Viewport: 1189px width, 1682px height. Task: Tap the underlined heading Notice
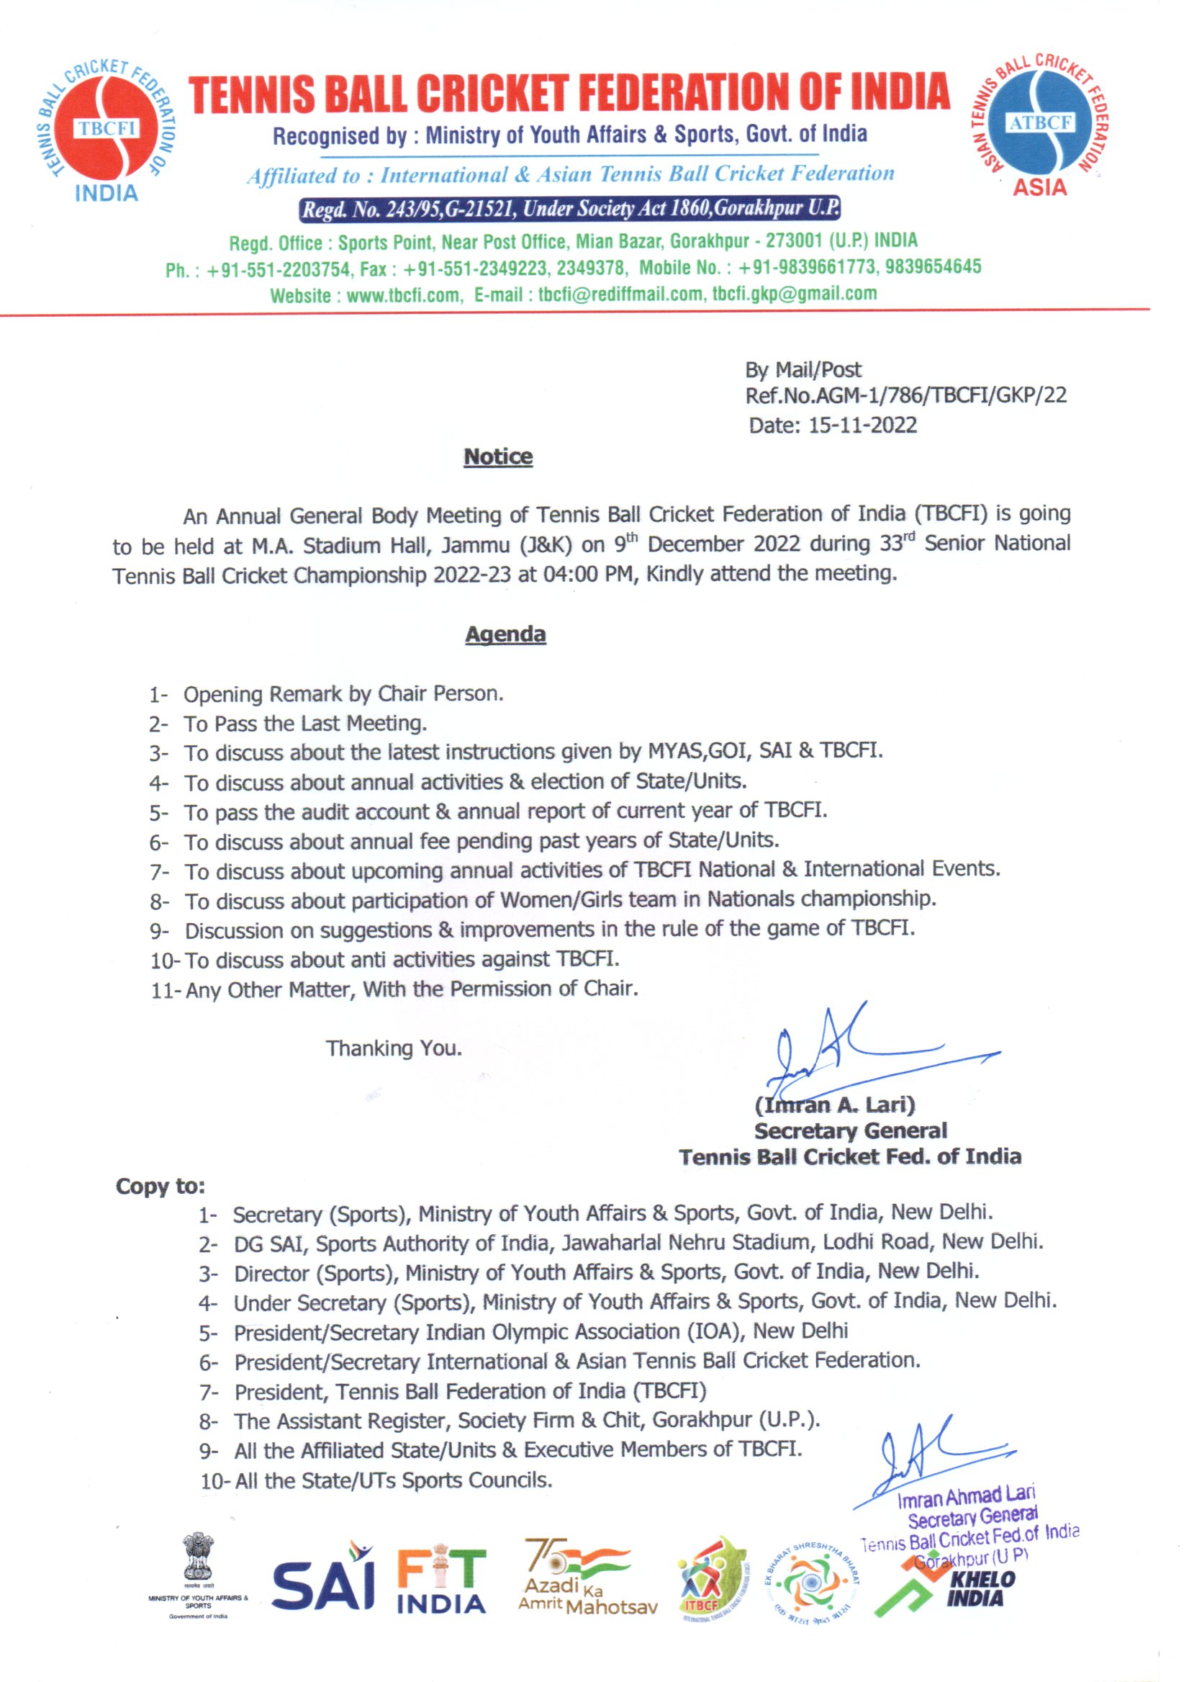498,457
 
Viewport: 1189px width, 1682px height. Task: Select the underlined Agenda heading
505,634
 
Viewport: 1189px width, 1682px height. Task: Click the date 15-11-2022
862,426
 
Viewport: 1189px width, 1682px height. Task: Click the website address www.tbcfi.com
402,295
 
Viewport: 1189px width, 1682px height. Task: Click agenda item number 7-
159,873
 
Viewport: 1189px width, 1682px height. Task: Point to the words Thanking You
394,1048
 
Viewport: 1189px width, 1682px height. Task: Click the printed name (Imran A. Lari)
835,1104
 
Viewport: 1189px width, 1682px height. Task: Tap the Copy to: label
161,1186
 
